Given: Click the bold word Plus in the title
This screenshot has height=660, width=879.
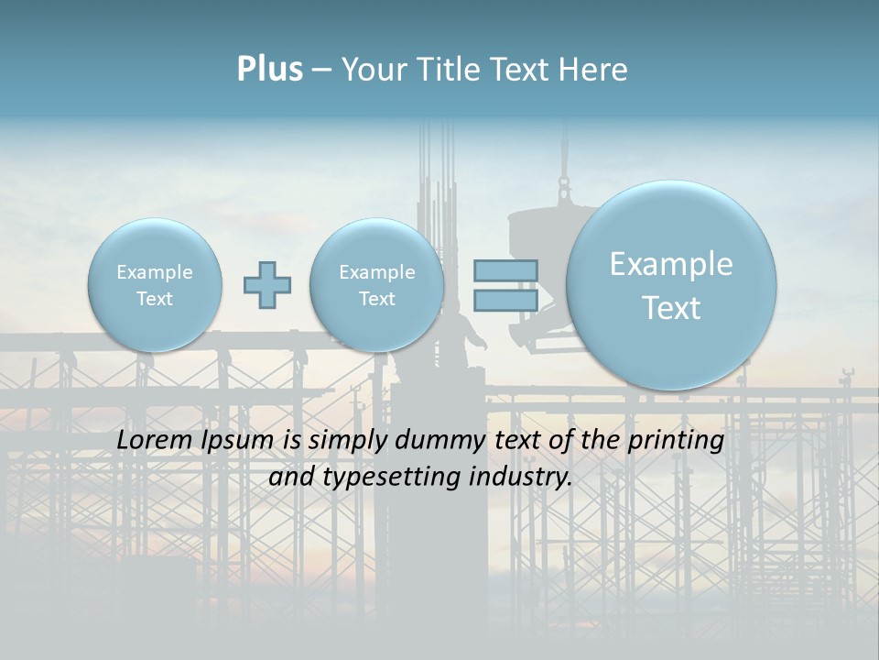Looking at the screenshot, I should click(x=269, y=69).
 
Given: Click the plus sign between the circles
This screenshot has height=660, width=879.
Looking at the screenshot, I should click(x=266, y=285).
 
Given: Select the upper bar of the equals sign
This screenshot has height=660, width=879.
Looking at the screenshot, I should click(x=505, y=270).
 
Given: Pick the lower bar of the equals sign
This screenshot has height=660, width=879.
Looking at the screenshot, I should click(x=505, y=300).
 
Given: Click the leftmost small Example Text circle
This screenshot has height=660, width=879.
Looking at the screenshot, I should click(x=154, y=285).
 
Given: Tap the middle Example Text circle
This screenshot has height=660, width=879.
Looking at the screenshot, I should click(x=376, y=285).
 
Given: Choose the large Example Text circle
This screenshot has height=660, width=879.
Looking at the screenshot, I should click(x=671, y=285).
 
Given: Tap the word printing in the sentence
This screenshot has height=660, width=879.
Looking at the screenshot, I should click(x=675, y=441).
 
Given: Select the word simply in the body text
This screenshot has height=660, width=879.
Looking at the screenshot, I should click(x=348, y=441).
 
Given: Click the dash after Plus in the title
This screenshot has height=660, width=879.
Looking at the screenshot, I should click(x=321, y=70).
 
